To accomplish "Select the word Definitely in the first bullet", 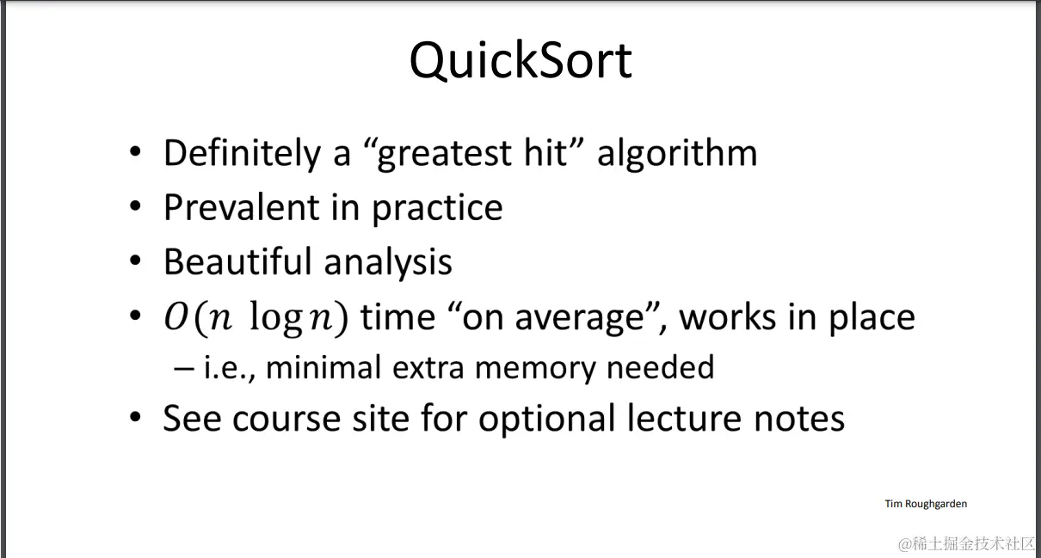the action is coord(242,154).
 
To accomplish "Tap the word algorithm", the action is coord(677,154).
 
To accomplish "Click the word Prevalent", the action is coord(242,207).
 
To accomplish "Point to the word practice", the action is coord(437,209).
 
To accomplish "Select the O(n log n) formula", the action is coord(256,318).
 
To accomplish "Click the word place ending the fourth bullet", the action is coord(872,318).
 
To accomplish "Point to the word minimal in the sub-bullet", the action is coord(323,367).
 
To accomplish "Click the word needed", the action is coord(661,367).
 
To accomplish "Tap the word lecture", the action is coord(684,418).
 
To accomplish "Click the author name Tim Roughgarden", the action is coord(926,504).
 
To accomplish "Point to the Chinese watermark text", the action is coord(968,543).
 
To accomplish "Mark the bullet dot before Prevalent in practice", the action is coord(135,205).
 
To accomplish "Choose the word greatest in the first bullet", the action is coord(444,155).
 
